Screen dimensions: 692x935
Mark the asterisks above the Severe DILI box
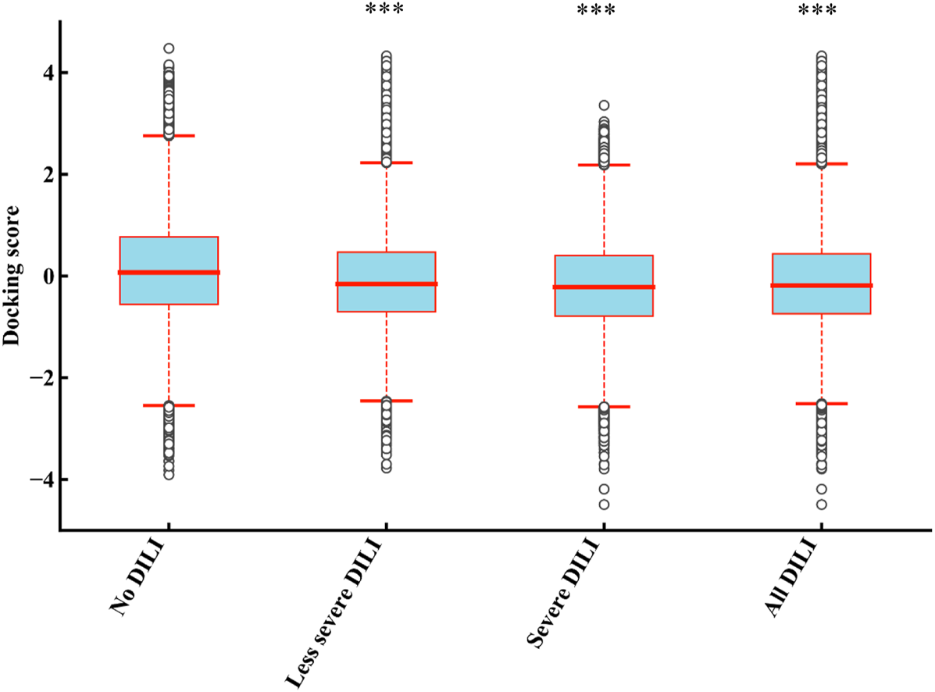tap(603, 10)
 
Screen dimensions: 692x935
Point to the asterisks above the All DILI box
tap(820, 10)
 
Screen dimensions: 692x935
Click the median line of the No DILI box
tap(169, 273)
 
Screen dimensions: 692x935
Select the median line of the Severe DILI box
tap(603, 287)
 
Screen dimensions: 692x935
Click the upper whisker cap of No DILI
tap(169, 136)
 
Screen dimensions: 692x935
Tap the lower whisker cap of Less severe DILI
tap(386, 401)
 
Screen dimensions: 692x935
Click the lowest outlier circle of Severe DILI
tap(604, 504)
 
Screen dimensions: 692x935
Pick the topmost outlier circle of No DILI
tap(169, 48)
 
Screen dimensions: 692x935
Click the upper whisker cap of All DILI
tap(820, 164)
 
